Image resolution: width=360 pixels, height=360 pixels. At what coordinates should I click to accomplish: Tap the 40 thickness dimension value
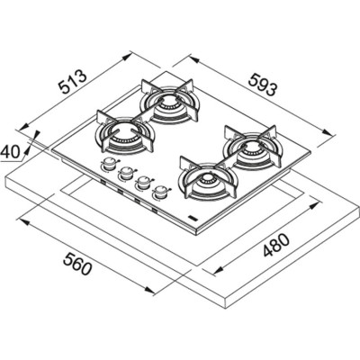(x=12, y=152)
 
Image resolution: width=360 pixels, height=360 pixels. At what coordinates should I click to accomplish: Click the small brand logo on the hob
(x=194, y=217)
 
